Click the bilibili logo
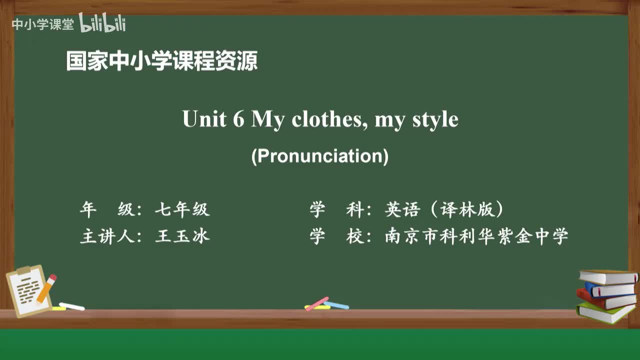pyautogui.click(x=102, y=23)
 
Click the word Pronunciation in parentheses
pyautogui.click(x=320, y=156)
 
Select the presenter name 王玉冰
pyautogui.click(x=182, y=236)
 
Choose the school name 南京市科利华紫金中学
pyautogui.click(x=476, y=236)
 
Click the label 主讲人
pyautogui.click(x=107, y=236)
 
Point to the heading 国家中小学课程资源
pyautogui.click(x=162, y=61)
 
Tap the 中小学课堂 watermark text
pyautogui.click(x=42, y=24)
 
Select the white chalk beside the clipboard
pyautogui.click(x=72, y=306)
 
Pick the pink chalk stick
pyautogui.click(x=316, y=303)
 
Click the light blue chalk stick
pyautogui.click(x=336, y=304)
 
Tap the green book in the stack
pyautogui.click(x=605, y=312)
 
